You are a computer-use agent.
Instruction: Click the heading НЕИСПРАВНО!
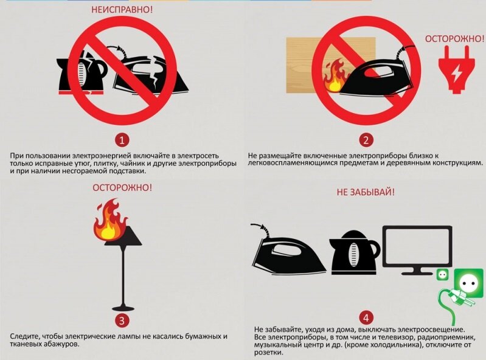pos(122,9)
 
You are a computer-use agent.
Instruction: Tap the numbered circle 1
pos(122,140)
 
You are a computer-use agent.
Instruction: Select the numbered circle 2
pos(366,140)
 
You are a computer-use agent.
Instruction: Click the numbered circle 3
pos(122,320)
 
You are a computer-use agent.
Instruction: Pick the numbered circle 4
pos(366,317)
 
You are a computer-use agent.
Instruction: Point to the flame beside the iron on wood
pos(335,76)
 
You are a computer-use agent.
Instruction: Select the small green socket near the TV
pos(442,274)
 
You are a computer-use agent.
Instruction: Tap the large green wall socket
pos(468,283)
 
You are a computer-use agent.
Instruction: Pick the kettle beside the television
pos(354,252)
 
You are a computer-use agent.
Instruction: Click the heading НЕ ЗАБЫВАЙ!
pos(366,192)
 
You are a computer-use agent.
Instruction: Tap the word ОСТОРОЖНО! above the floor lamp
pos(122,188)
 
